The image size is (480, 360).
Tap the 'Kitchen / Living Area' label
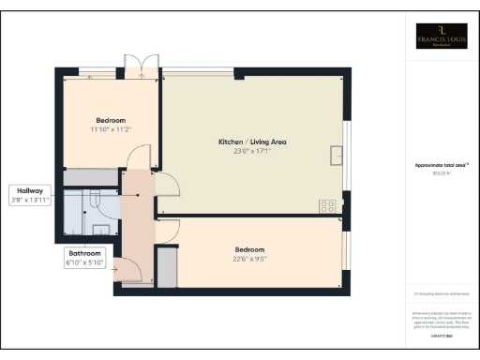point(252,141)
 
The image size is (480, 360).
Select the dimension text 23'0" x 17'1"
point(252,150)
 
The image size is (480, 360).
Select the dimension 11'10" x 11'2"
point(111,128)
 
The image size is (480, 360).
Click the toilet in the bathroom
point(95,197)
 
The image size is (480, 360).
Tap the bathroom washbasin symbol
point(99,228)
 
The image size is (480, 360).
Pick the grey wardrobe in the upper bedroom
point(91,177)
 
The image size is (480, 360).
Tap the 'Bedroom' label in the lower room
point(248,249)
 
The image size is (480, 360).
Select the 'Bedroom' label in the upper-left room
point(111,119)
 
